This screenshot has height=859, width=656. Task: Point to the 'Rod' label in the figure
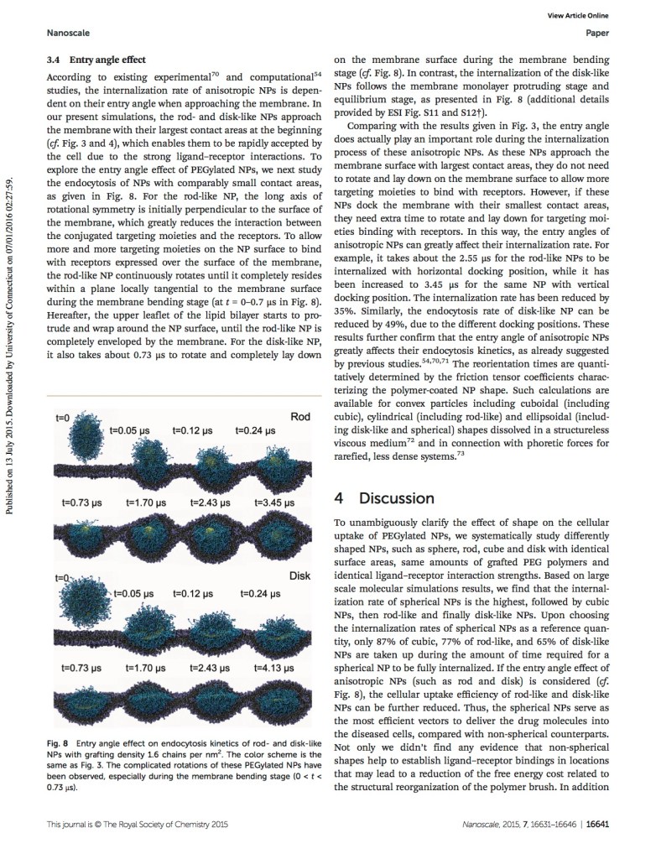[299, 417]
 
